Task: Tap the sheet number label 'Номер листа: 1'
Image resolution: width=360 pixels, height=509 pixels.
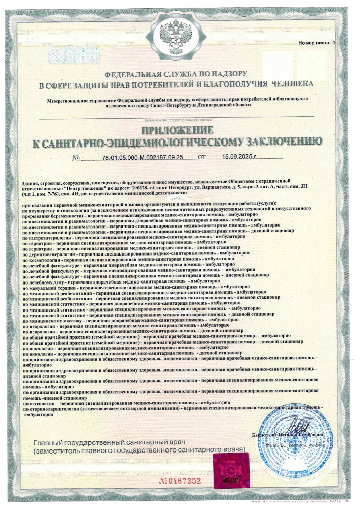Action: point(317,44)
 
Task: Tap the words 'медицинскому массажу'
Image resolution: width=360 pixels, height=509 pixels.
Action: point(56,321)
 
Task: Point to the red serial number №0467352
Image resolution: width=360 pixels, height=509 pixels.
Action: point(180,480)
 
